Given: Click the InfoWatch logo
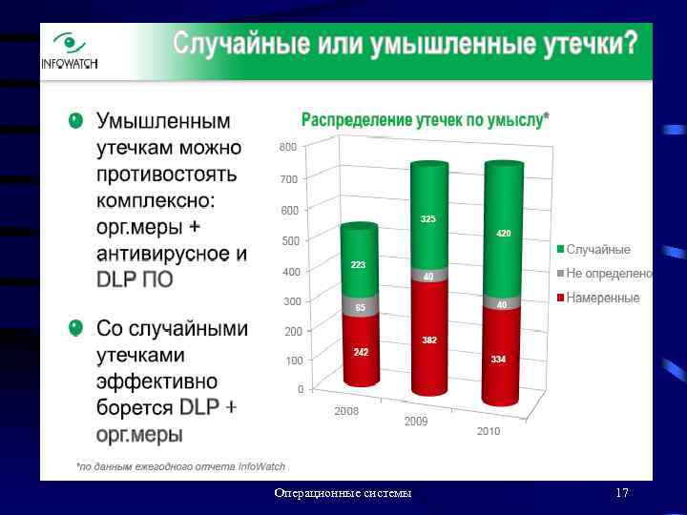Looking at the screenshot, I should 69,51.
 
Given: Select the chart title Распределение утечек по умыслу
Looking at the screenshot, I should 425,119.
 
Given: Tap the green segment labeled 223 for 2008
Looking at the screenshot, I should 359,262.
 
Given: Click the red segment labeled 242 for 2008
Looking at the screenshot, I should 361,350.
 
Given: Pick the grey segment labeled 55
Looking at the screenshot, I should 360,306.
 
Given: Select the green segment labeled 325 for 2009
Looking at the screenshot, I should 428,219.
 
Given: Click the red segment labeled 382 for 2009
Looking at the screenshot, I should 428,339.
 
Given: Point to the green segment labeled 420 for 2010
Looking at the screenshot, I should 503,234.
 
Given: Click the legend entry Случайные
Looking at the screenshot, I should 597,250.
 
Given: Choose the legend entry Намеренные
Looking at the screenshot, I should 602,299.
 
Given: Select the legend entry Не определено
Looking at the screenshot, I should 607,274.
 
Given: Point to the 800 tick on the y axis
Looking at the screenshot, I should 287,147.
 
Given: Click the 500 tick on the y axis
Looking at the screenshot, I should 287,240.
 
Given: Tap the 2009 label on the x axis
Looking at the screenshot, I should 416,421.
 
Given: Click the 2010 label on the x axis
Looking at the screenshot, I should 488,431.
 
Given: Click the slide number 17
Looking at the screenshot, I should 622,493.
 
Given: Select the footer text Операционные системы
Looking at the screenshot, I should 343,493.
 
